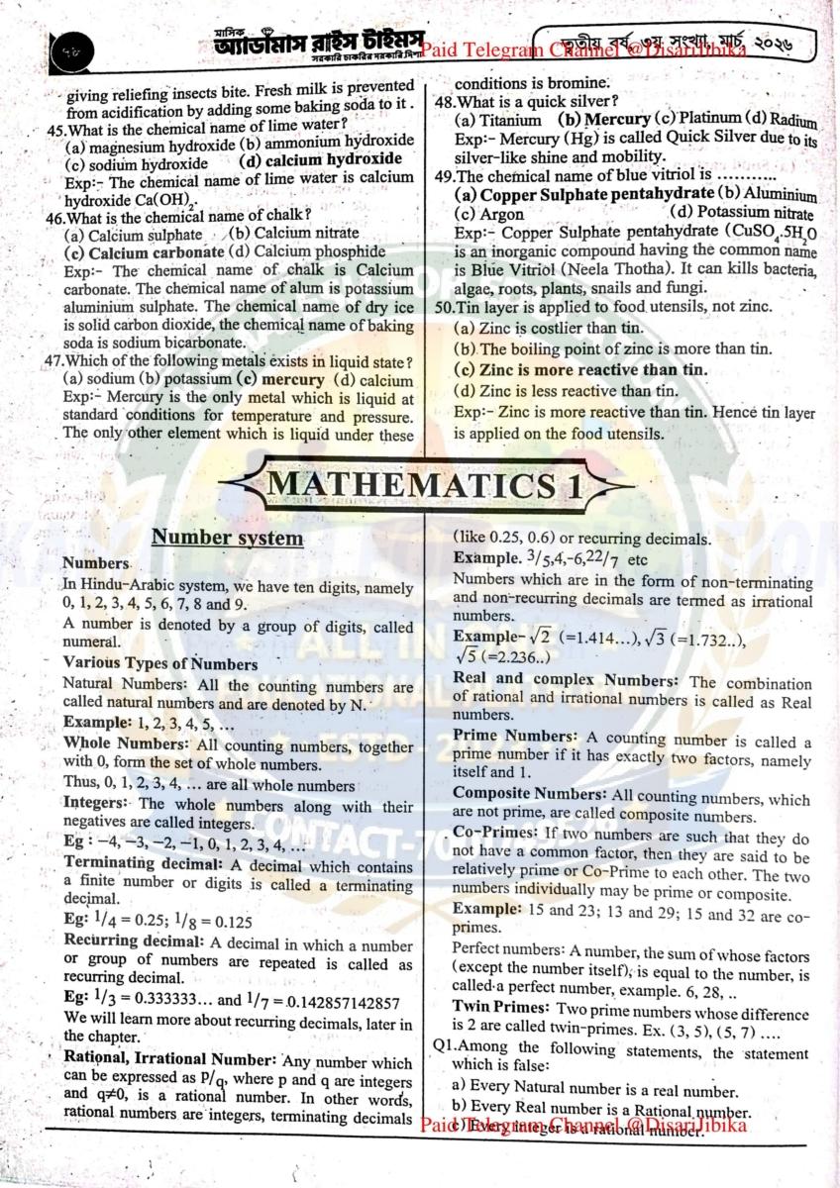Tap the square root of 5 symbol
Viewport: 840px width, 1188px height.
(x=467, y=655)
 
